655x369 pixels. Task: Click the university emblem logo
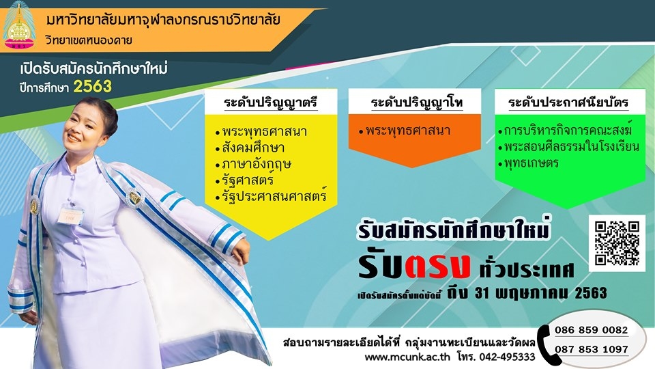(x=19, y=25)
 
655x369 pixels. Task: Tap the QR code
(x=617, y=243)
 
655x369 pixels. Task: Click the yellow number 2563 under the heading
(x=93, y=87)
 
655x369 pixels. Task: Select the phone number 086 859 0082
(x=591, y=330)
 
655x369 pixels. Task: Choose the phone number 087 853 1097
(x=591, y=349)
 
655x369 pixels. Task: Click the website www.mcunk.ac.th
(x=407, y=357)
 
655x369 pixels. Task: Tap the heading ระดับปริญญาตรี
(x=270, y=102)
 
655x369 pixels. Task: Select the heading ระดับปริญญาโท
(x=416, y=102)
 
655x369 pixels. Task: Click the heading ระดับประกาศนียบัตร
(x=568, y=102)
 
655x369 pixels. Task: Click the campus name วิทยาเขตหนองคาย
(x=89, y=40)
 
